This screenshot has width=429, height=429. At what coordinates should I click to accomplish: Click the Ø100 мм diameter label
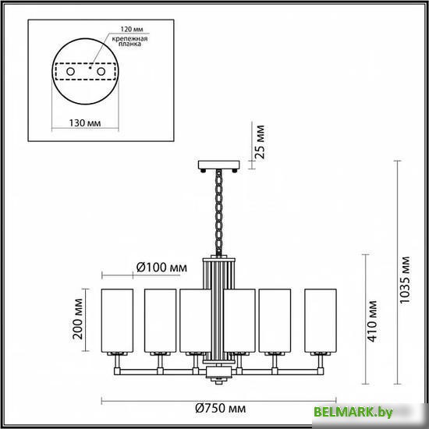(161, 268)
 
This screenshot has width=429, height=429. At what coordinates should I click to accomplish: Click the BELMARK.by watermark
(365, 411)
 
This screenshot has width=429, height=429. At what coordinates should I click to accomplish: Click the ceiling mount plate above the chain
(218, 165)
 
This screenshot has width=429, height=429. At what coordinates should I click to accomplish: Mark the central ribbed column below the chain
(218, 304)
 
